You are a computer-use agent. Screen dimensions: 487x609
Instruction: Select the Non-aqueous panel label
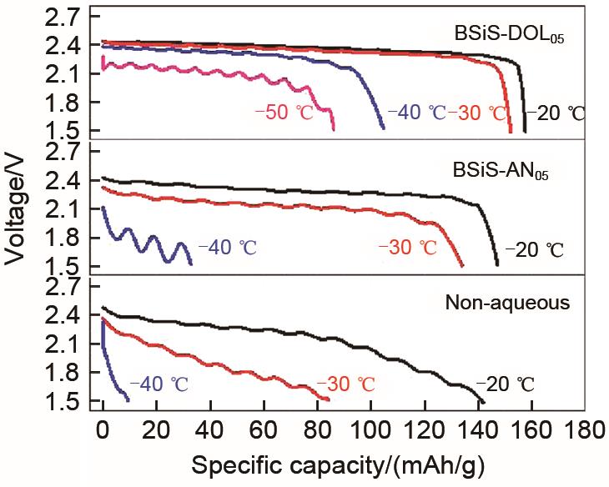pos(518,303)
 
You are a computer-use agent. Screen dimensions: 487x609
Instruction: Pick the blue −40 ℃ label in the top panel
pos(418,112)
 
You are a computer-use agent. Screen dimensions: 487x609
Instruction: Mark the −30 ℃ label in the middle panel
pos(407,248)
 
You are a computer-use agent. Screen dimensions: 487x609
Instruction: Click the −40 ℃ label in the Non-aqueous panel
pos(158,384)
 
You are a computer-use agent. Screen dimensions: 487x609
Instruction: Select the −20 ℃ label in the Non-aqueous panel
pos(503,384)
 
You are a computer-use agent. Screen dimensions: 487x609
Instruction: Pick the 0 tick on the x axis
pos(103,432)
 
